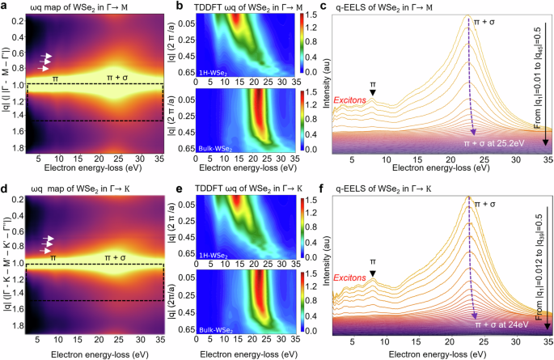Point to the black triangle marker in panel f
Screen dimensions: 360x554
tap(372, 275)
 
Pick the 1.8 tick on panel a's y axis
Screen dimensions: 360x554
tap(17, 149)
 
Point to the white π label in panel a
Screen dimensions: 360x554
tap(55, 78)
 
